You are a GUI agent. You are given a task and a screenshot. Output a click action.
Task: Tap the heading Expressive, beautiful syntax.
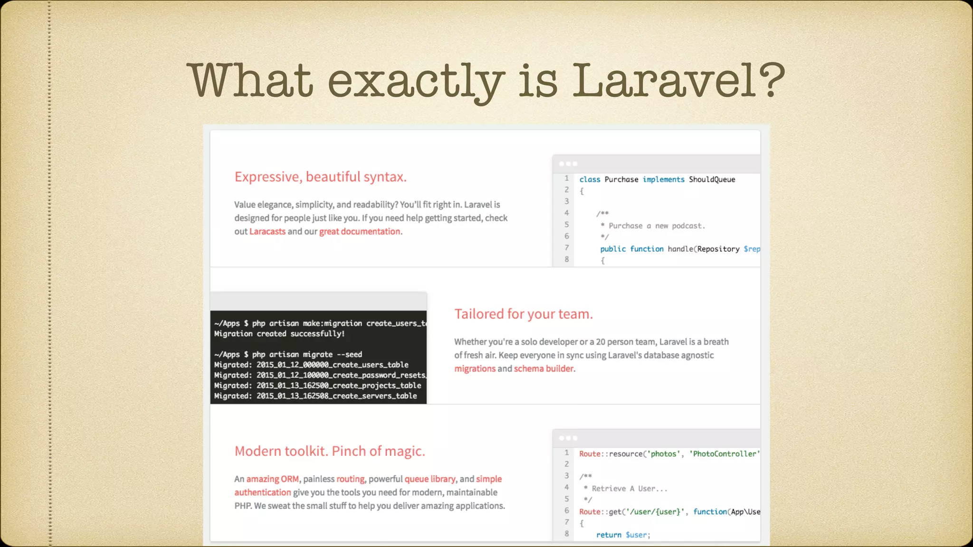coord(320,177)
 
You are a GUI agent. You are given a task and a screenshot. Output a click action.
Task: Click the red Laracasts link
coord(267,231)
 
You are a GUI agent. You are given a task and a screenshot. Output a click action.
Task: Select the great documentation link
coord(360,231)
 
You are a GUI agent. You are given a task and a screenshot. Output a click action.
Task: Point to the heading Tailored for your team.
coord(523,314)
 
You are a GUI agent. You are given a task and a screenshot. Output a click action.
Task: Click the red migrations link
coord(475,368)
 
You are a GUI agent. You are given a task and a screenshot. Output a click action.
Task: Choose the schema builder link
coord(544,368)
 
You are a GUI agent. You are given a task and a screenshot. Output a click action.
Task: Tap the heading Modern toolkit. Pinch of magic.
coord(330,451)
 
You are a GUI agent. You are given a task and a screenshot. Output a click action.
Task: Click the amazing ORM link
coord(272,479)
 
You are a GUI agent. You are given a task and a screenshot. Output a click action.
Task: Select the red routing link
coord(350,479)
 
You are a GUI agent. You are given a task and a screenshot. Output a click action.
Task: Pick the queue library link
coord(429,479)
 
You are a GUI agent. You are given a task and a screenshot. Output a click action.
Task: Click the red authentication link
coord(262,492)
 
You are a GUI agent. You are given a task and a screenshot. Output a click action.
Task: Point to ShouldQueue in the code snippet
coord(712,179)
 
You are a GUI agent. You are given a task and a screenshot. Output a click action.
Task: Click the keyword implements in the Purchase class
coord(663,179)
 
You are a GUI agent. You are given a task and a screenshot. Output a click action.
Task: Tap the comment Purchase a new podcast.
coord(656,226)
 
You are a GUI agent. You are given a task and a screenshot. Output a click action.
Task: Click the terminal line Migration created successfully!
coord(279,334)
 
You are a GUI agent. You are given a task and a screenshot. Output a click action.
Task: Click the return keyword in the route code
coord(609,535)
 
